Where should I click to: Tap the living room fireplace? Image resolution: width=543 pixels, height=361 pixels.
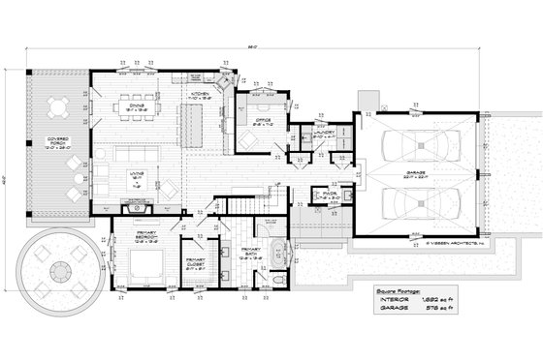[136, 206]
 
